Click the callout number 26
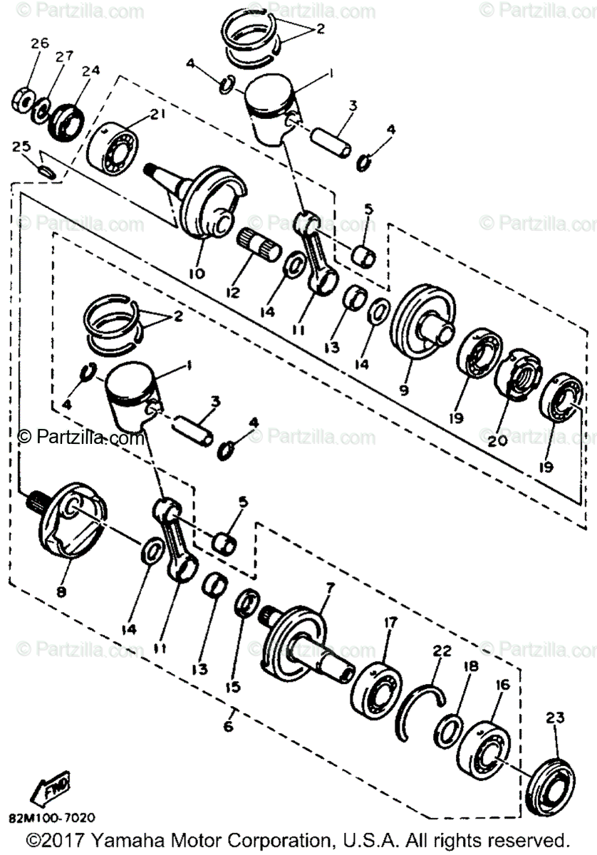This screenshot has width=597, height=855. click(x=39, y=43)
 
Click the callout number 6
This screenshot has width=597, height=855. click(x=228, y=726)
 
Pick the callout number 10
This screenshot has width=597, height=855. click(x=197, y=273)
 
